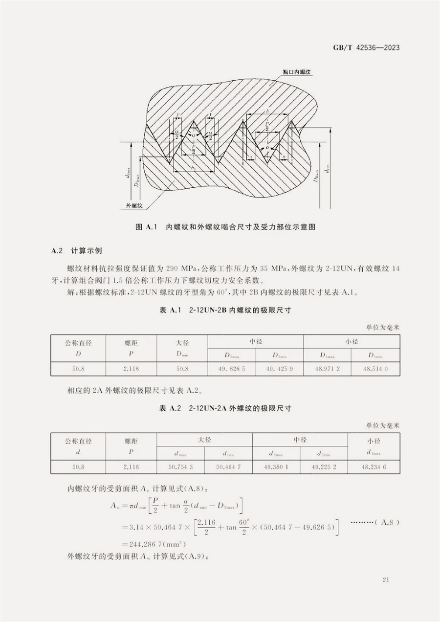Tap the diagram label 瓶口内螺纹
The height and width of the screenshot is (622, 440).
click(x=297, y=71)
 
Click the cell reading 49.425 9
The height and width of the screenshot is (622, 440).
click(x=280, y=368)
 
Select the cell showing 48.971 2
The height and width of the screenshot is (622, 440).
click(x=328, y=368)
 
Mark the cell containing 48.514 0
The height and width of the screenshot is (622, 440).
click(x=375, y=368)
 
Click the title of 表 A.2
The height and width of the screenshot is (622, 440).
click(x=220, y=408)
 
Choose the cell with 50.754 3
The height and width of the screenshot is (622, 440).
click(x=180, y=466)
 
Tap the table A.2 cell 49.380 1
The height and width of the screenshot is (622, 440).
click(x=276, y=466)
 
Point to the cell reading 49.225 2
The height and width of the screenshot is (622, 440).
click(x=324, y=466)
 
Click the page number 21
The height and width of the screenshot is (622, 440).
click(x=386, y=580)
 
